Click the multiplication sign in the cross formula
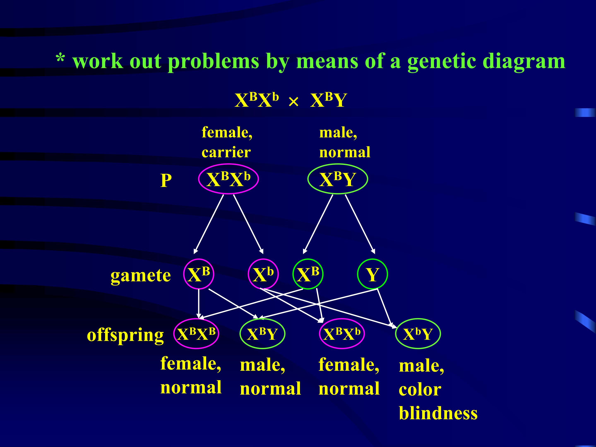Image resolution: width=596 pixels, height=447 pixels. coord(293,102)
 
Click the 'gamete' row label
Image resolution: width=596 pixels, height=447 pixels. coord(141,276)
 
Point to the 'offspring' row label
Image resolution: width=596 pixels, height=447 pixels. coord(125,335)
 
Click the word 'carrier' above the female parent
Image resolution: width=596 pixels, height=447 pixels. coord(226,152)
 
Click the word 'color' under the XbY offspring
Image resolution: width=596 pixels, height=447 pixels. coord(420,390)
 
